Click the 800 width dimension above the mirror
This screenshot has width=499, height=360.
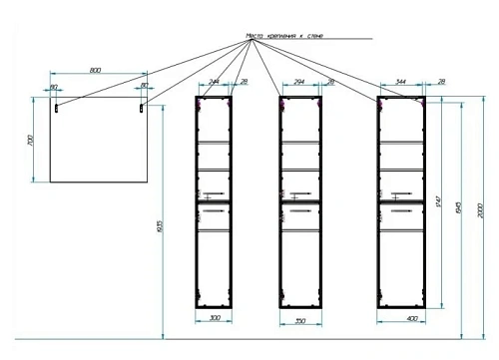[x=95, y=70]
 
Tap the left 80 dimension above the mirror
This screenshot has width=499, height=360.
[x=53, y=87]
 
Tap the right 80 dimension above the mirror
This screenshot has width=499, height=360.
[x=144, y=87]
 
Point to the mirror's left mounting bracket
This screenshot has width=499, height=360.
[x=59, y=104]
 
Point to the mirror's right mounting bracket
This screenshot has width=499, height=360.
[x=139, y=104]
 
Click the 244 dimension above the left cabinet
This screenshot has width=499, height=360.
[x=212, y=83]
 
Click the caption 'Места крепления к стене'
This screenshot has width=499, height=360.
[x=284, y=37]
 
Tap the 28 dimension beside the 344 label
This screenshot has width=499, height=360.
[x=441, y=83]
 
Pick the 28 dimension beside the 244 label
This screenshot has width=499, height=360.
[x=244, y=83]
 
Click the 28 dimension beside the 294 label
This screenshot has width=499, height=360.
[x=331, y=83]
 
